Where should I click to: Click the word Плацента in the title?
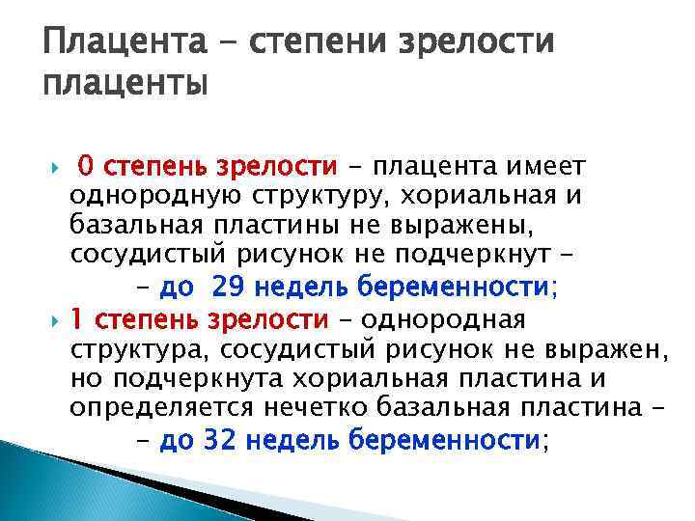click(x=125, y=41)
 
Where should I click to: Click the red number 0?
click(x=86, y=166)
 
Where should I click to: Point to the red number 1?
click(x=76, y=319)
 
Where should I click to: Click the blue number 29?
click(x=228, y=287)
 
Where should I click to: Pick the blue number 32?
click(x=218, y=440)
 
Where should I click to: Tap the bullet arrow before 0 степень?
click(x=55, y=168)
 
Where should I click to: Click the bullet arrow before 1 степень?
click(x=55, y=321)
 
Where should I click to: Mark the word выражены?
click(x=462, y=226)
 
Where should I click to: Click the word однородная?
click(x=443, y=320)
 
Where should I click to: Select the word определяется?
click(x=161, y=408)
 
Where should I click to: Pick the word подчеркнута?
click(x=198, y=379)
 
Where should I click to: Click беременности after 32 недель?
click(x=444, y=440)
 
